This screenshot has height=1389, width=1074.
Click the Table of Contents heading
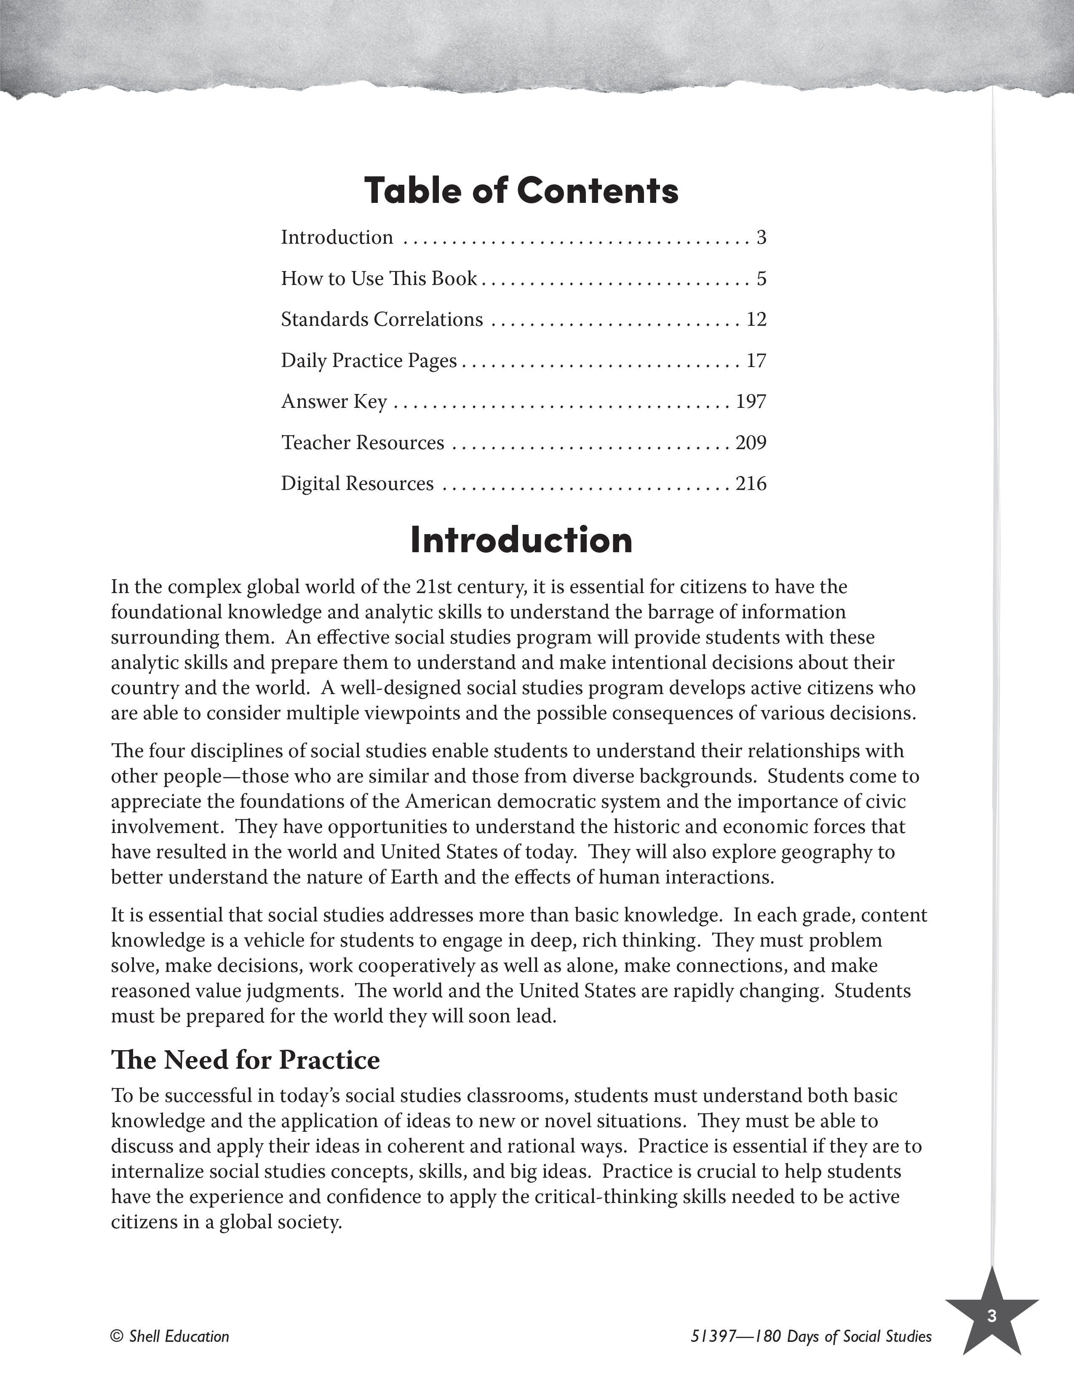coord(521,191)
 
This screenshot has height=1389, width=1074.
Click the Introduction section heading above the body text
coord(521,540)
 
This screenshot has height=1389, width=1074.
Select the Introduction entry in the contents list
coord(337,237)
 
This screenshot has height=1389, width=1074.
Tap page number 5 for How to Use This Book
coord(761,279)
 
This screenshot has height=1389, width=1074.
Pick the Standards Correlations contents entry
coord(382,319)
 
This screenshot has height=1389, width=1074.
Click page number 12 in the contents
coord(756,319)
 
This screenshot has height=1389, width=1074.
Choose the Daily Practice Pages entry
coord(369,361)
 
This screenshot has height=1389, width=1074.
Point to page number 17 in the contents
coord(756,361)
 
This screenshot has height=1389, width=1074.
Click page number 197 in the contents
coord(751,401)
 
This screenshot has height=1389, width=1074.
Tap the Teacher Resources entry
coord(363,443)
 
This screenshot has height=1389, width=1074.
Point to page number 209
coord(751,443)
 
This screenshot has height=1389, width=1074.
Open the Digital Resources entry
coord(358,483)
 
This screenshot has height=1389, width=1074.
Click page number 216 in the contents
coord(751,483)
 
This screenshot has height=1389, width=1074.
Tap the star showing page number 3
coord(991,1317)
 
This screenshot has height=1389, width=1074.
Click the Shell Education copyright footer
coord(170,1336)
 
